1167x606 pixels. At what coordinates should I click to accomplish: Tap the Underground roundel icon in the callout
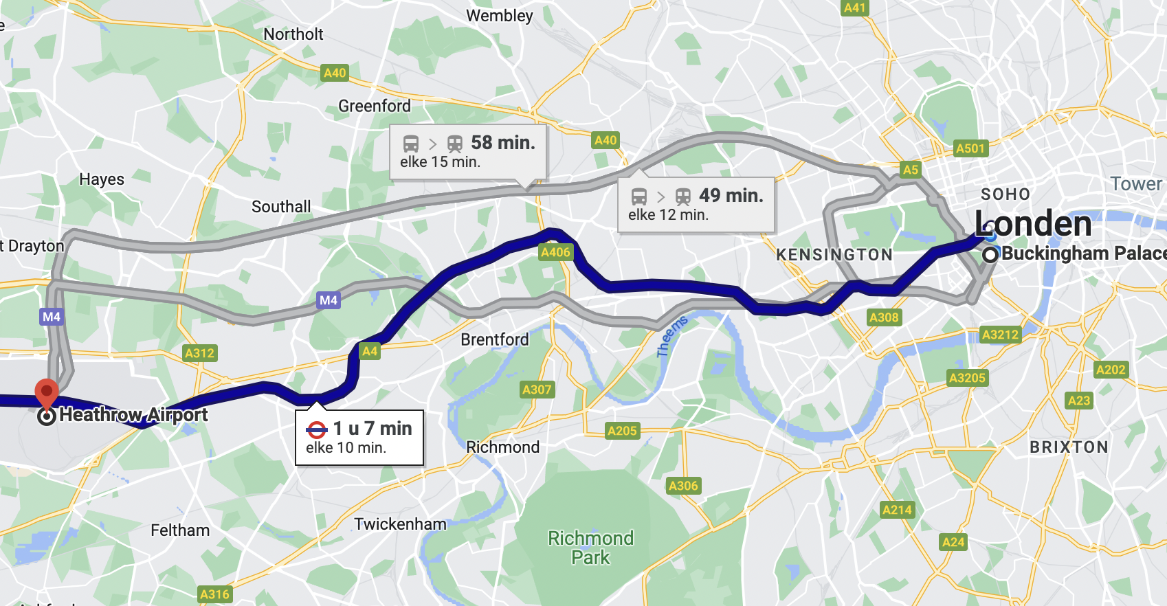pyautogui.click(x=316, y=430)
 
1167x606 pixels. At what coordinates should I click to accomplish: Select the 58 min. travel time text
pyautogui.click(x=502, y=143)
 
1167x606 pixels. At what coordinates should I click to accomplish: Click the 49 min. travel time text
pyautogui.click(x=731, y=196)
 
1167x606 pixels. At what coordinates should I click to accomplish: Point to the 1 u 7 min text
pyautogui.click(x=373, y=429)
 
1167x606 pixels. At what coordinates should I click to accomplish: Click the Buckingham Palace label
pyautogui.click(x=1083, y=254)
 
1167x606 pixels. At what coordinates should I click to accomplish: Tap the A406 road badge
pyautogui.click(x=555, y=252)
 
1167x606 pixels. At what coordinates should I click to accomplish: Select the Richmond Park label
pyautogui.click(x=590, y=548)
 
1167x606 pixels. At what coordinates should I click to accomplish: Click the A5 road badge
pyautogui.click(x=910, y=170)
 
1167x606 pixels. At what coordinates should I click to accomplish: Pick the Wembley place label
pyautogui.click(x=499, y=16)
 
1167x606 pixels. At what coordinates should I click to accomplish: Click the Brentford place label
pyautogui.click(x=494, y=339)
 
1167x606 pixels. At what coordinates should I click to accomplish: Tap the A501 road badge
pyautogui.click(x=970, y=148)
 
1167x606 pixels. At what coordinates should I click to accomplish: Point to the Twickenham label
pyautogui.click(x=400, y=524)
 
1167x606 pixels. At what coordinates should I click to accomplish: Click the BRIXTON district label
pyautogui.click(x=1069, y=447)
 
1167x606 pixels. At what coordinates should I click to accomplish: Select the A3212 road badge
pyautogui.click(x=1000, y=335)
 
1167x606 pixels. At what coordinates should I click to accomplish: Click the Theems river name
pyautogui.click(x=671, y=337)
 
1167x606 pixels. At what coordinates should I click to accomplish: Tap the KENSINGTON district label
pyautogui.click(x=834, y=255)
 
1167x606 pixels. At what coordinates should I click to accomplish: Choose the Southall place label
pyautogui.click(x=281, y=207)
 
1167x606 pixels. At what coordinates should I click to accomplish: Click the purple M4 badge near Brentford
pyautogui.click(x=329, y=300)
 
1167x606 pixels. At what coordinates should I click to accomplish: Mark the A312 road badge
pyautogui.click(x=199, y=353)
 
